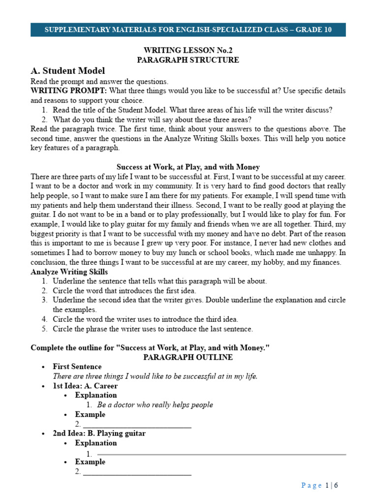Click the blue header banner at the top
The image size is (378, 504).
(188, 30)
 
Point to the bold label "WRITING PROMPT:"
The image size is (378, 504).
(68, 91)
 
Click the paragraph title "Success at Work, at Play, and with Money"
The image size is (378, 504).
(188, 167)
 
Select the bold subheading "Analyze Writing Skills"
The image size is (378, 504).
(69, 272)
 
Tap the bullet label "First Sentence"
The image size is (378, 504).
(77, 367)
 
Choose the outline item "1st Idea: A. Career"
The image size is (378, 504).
(85, 386)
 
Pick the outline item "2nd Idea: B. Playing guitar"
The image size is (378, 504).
(99, 434)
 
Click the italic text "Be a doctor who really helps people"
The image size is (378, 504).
(155, 405)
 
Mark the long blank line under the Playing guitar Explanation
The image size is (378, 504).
(221, 454)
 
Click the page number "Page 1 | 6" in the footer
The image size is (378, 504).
(319, 485)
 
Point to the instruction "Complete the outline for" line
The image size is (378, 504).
(151, 347)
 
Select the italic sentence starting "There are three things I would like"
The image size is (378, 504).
(155, 376)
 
